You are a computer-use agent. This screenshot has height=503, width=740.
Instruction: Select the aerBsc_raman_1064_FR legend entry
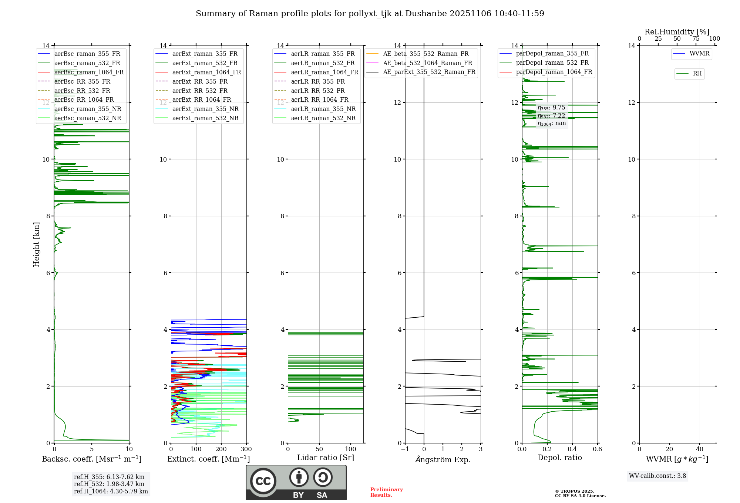[89, 72]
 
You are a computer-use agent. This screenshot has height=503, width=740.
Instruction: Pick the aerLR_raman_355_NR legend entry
[323, 109]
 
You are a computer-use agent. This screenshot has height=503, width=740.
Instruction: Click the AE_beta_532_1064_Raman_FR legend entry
[427, 63]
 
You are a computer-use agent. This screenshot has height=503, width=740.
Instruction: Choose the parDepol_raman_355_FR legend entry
[552, 54]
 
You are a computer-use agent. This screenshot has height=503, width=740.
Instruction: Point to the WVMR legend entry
[699, 54]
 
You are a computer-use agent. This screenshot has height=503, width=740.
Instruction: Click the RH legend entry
[697, 74]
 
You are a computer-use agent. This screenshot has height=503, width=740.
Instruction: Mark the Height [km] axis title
[36, 244]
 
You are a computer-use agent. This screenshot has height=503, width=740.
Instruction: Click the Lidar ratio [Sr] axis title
[326, 458]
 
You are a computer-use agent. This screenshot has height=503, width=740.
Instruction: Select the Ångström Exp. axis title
[443, 460]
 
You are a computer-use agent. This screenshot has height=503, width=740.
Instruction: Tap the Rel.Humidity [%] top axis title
[677, 32]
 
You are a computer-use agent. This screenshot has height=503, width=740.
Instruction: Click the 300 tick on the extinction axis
[246, 449]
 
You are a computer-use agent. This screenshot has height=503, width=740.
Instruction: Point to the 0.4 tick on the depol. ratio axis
[572, 449]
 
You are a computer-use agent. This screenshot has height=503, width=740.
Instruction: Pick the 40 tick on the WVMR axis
[700, 449]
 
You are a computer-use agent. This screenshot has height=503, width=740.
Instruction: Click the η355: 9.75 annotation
[551, 108]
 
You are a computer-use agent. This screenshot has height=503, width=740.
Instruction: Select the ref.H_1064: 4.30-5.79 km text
[111, 492]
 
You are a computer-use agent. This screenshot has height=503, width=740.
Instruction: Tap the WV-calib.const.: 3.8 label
[657, 476]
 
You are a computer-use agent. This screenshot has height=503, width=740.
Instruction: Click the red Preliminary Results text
[386, 492]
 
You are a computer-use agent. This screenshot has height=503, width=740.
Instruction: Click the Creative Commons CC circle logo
[263, 481]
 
